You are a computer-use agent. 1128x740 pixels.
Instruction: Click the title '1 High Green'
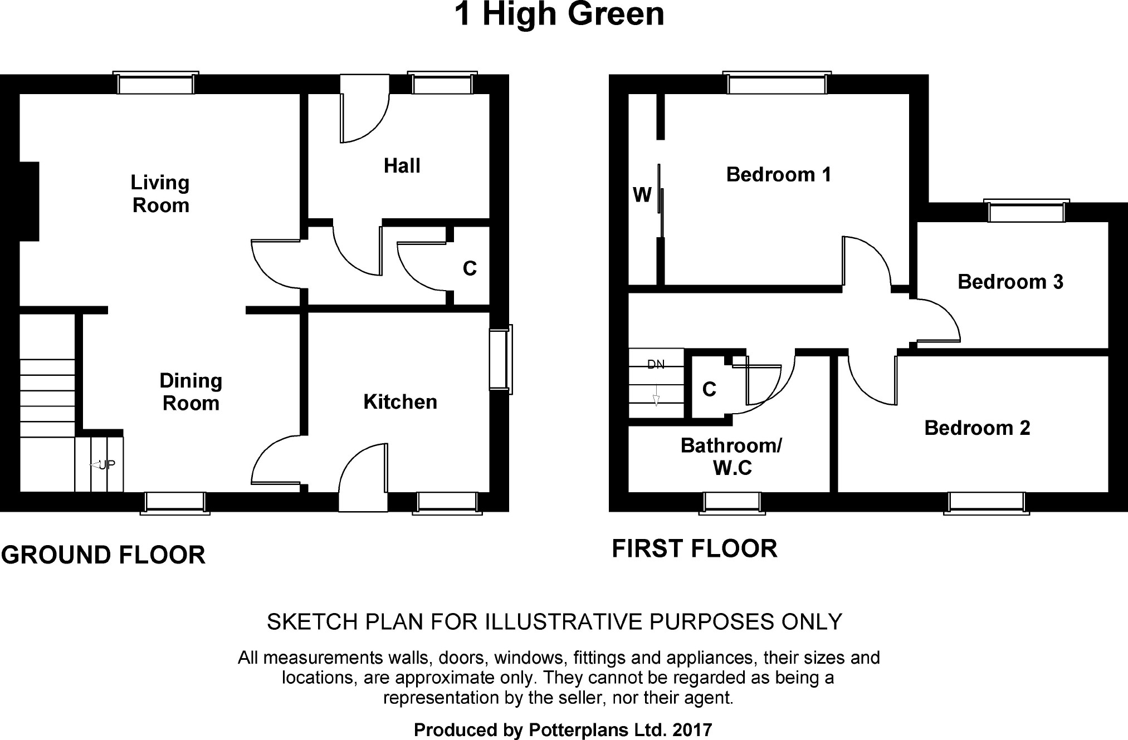point(559,14)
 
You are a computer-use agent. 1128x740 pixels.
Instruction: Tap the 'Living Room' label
point(160,194)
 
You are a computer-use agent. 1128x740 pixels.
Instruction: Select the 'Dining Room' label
point(191,391)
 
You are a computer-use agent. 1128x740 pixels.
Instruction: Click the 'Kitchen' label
point(400,401)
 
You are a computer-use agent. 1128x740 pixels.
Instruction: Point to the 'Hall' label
point(402,165)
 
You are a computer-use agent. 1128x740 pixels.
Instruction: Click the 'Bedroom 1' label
point(778,174)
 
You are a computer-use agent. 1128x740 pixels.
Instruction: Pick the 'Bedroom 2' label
point(977,428)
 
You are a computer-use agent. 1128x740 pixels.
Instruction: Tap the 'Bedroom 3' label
point(1010,282)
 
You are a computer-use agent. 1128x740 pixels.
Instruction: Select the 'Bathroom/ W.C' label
point(732,457)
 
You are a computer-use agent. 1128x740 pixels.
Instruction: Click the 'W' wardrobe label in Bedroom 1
point(642,195)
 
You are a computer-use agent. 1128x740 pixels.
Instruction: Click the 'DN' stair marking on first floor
point(656,365)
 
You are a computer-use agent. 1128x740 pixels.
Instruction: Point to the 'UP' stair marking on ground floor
point(105,464)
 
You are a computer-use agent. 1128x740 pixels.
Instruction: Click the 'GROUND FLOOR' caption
point(103,555)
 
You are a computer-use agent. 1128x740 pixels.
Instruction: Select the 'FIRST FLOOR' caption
point(694,548)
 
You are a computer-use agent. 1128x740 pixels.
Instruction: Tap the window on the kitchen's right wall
point(500,360)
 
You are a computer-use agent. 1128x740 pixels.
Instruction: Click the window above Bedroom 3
point(1026,212)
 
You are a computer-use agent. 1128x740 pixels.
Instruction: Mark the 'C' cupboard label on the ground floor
point(470,268)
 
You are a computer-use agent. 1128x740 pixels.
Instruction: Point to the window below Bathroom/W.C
point(732,502)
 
